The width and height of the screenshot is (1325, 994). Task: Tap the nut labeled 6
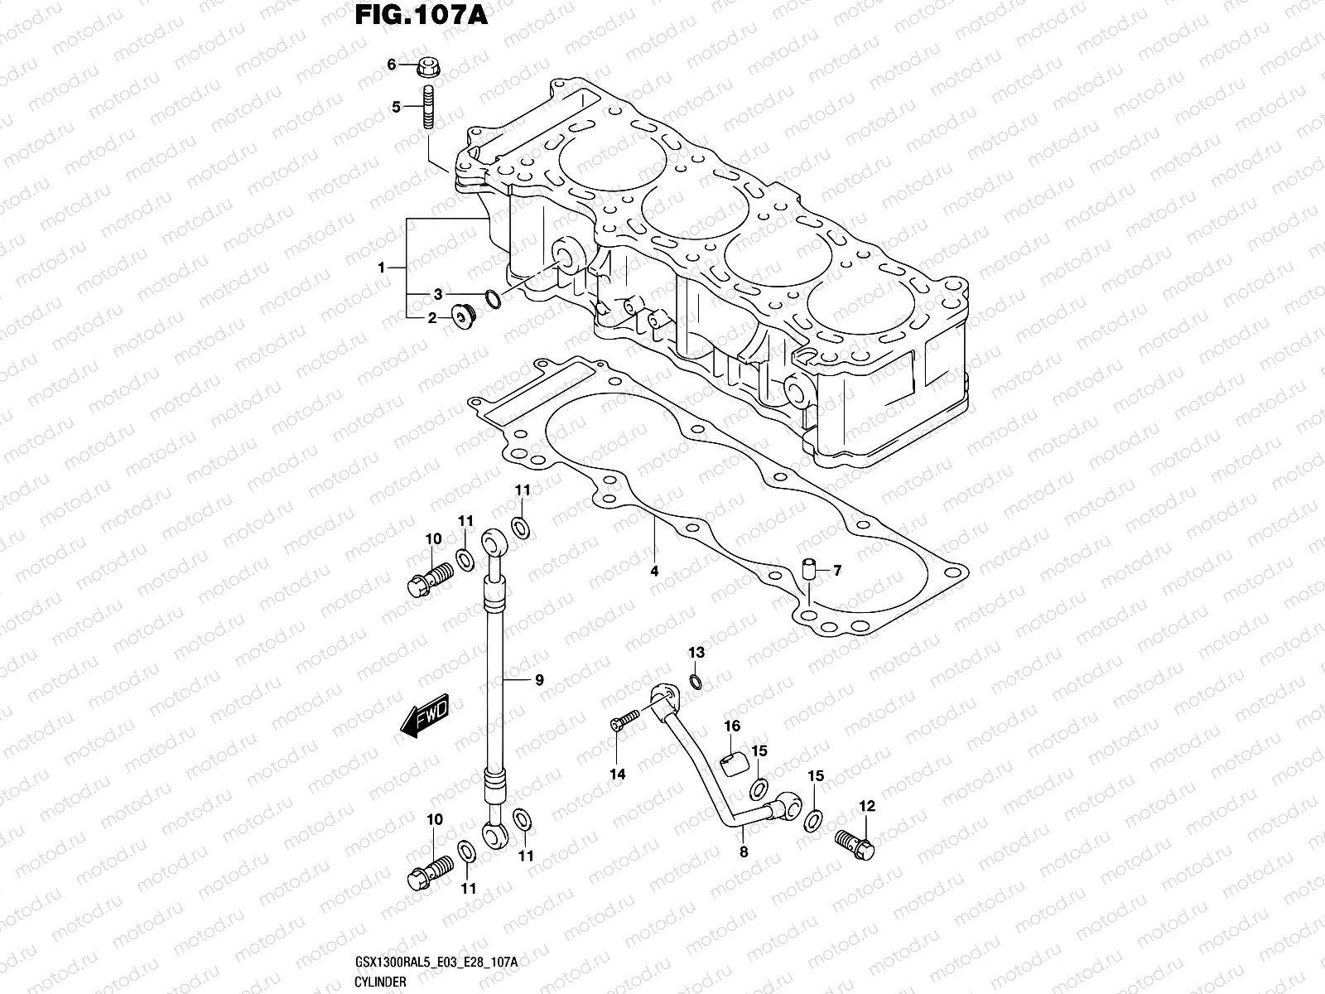point(429,65)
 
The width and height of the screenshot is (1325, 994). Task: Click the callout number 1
point(382,268)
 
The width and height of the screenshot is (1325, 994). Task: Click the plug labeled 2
point(462,316)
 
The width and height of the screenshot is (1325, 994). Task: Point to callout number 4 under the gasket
point(653,571)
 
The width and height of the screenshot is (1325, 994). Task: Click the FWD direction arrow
point(425,715)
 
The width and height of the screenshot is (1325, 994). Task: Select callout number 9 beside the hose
point(538,680)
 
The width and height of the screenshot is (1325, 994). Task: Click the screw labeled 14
point(626,721)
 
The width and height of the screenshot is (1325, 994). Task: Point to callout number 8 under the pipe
point(743,851)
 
